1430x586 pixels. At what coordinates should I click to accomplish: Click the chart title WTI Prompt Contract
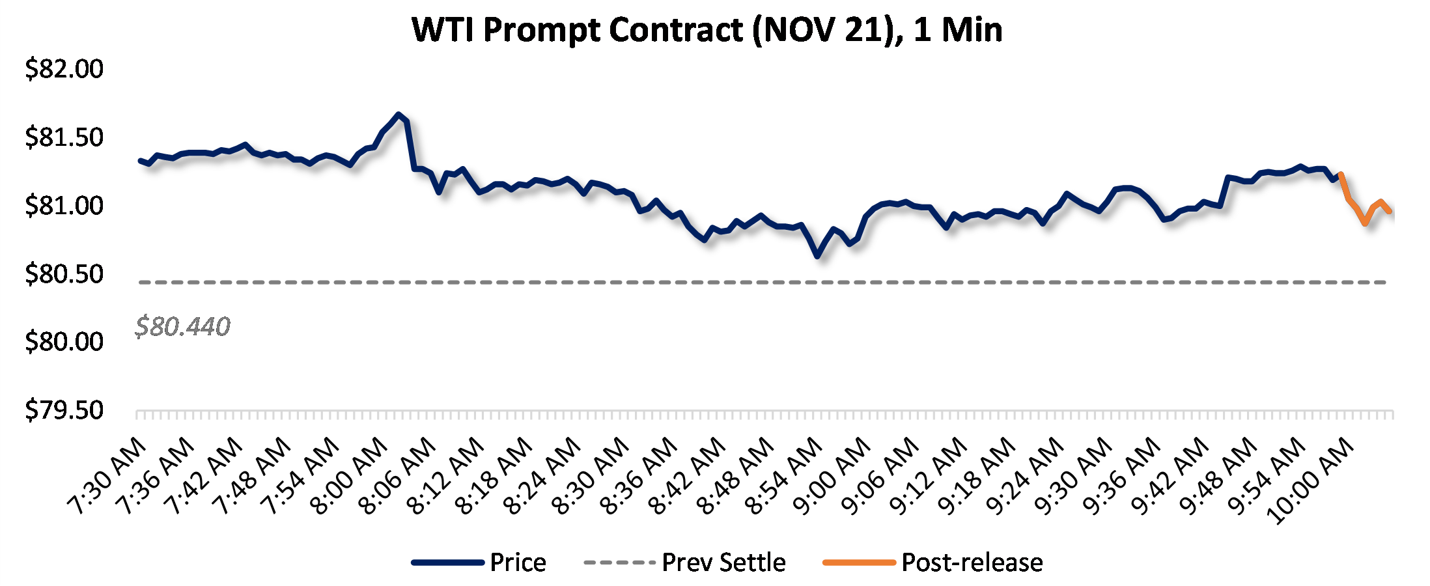click(x=707, y=30)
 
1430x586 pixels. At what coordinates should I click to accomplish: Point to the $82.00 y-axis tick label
click(x=64, y=69)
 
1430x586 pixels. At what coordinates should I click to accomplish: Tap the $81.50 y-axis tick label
click(x=64, y=137)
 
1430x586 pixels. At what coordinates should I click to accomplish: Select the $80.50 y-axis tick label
click(x=64, y=274)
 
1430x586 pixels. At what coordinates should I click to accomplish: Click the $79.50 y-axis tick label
click(x=64, y=410)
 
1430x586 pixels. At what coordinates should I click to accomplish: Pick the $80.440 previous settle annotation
click(x=182, y=326)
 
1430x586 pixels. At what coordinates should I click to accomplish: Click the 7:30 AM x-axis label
click(x=108, y=477)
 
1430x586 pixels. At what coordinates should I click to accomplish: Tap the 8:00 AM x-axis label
click(x=350, y=477)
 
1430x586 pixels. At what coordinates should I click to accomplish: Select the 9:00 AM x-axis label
click(x=832, y=477)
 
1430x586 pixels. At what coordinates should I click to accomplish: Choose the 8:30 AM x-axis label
click(x=591, y=477)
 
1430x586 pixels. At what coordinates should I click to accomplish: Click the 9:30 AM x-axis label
click(x=1073, y=477)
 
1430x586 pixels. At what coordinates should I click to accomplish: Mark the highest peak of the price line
click(x=399, y=115)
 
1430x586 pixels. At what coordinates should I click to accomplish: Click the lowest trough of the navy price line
click(x=817, y=257)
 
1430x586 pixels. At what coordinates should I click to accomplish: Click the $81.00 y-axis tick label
click(x=64, y=206)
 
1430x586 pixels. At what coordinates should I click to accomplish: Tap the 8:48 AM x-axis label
click(x=736, y=477)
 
